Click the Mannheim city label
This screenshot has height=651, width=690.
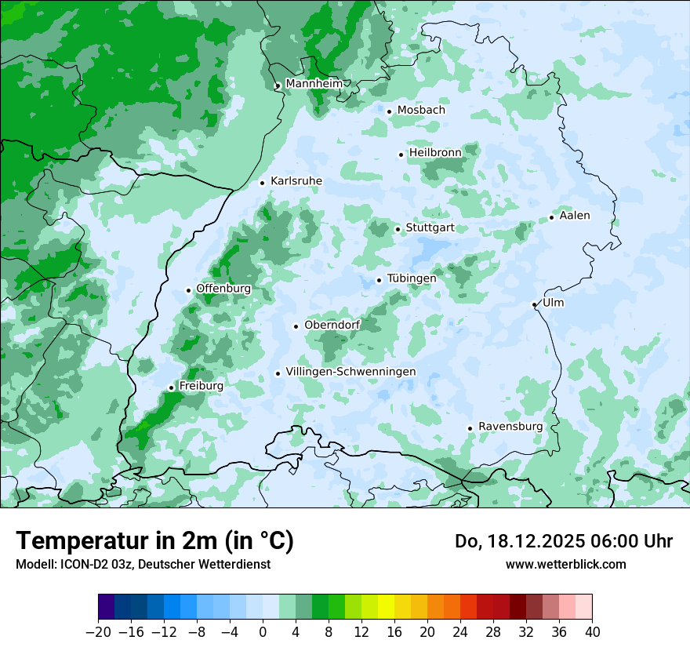314,83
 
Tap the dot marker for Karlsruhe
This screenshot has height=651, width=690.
263,183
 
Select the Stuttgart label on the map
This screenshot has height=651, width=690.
430,228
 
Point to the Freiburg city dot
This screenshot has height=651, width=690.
171,387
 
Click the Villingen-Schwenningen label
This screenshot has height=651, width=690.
350,372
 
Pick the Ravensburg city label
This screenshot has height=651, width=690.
510,427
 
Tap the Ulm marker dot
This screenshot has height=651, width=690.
534,304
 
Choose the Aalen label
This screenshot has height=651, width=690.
575,216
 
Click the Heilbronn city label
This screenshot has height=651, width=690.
435,153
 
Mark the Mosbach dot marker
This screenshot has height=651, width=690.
389,111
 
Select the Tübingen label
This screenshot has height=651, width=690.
412,278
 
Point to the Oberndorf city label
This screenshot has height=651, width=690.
332,325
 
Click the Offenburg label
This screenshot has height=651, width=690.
223,289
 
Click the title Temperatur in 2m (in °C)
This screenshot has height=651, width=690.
154,541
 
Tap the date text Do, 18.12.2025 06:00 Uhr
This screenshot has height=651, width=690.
563,541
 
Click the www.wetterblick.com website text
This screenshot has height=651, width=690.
565,564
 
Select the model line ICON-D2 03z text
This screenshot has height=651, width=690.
143,564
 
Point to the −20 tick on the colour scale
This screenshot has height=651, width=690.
98,632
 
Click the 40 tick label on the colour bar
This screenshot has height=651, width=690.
592,632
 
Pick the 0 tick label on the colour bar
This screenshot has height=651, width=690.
263,632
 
